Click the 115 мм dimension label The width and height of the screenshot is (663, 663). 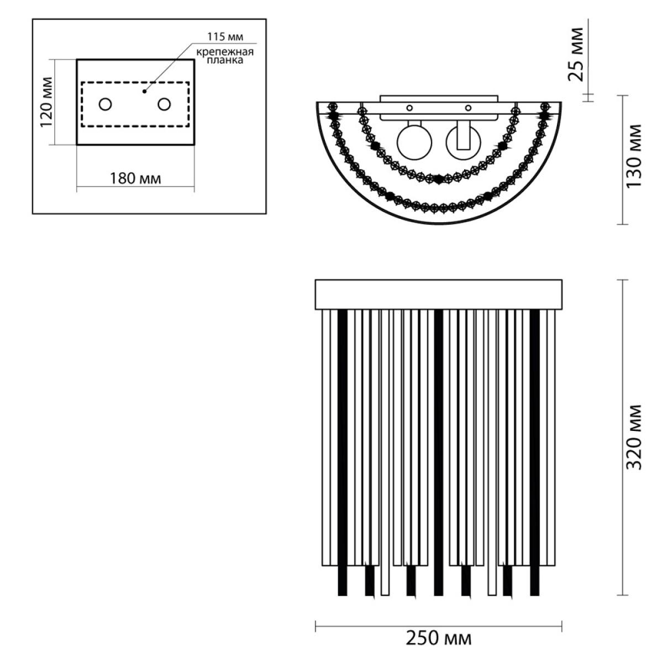point(225,37)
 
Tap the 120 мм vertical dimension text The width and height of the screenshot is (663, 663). point(46,102)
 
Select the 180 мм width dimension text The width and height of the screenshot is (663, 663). point(135,178)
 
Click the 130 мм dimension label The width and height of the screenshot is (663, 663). point(634,156)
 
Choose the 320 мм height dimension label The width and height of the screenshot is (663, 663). point(634,437)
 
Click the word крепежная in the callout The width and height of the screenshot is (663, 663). point(225,52)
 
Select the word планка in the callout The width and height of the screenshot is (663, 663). point(225,60)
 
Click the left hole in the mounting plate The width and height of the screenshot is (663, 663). point(106,104)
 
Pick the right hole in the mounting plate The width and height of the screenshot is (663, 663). point(164,104)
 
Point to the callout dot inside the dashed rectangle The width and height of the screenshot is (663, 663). point(145,92)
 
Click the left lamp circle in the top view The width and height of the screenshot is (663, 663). point(414,143)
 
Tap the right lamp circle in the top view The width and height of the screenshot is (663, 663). point(463,143)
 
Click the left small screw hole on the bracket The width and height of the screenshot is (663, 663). point(409,108)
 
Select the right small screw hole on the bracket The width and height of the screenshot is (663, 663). point(468,108)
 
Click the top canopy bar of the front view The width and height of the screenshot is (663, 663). point(439,294)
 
